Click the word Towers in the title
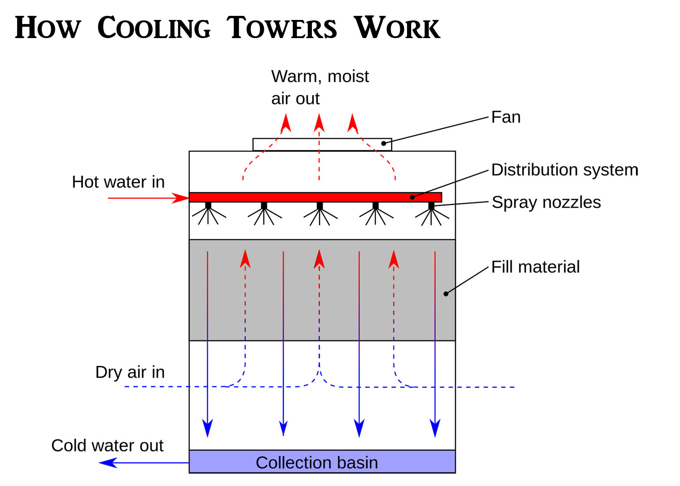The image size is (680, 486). click(x=282, y=28)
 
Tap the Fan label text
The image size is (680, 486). click(x=505, y=117)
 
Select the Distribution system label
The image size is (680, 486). click(x=564, y=170)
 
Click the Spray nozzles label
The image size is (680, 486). click(x=546, y=202)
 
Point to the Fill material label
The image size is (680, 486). click(x=535, y=267)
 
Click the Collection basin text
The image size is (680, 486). click(x=316, y=462)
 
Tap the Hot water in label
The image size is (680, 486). click(x=118, y=182)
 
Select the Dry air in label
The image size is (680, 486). click(x=130, y=372)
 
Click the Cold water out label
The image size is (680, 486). click(x=107, y=445)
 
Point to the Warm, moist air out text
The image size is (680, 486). click(x=320, y=87)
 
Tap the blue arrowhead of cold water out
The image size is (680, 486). click(x=107, y=463)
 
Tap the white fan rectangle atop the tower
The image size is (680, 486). click(x=317, y=144)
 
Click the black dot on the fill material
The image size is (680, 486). click(x=446, y=294)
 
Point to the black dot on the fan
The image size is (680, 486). click(x=384, y=143)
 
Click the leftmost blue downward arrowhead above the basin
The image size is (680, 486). click(x=208, y=428)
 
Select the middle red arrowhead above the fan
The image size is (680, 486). click(x=319, y=123)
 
